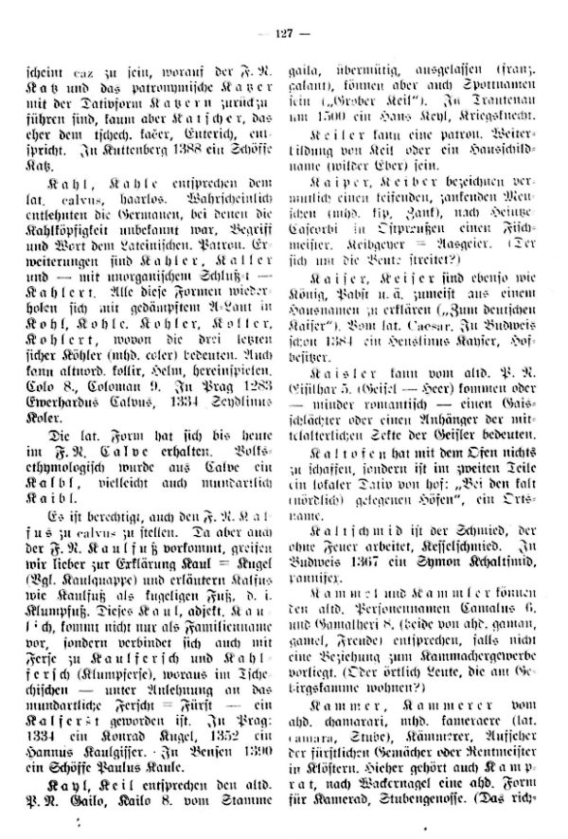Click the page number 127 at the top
click(x=283, y=11)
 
